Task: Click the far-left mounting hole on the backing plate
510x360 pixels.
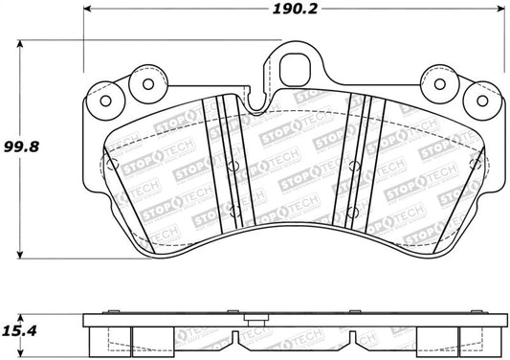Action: click(x=103, y=101)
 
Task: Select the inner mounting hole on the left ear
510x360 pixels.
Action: click(x=147, y=82)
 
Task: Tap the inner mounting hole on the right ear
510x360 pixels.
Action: click(x=435, y=82)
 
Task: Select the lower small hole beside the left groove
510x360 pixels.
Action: click(x=232, y=208)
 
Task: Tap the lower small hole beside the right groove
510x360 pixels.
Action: click(x=354, y=208)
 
